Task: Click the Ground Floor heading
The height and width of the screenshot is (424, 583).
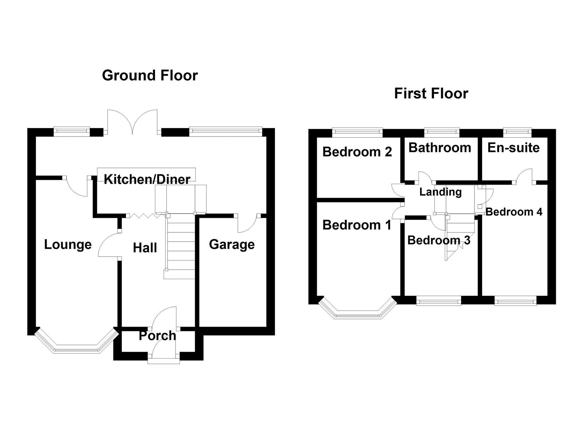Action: tap(150, 76)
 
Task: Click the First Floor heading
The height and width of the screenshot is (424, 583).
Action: tap(431, 94)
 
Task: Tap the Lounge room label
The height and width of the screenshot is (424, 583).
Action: tap(68, 244)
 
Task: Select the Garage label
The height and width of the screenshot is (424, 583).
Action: tap(232, 244)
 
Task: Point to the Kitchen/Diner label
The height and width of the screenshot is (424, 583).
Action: tap(147, 179)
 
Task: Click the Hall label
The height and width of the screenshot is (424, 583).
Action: tap(145, 248)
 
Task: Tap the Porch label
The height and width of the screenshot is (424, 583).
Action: tap(157, 336)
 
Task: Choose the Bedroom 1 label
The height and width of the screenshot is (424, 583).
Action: tap(357, 225)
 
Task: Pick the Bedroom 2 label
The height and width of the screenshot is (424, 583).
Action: tap(357, 152)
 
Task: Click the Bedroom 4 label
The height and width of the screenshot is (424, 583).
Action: tap(514, 212)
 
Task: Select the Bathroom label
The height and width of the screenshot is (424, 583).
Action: tap(440, 148)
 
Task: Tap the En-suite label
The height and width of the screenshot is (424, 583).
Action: tap(514, 148)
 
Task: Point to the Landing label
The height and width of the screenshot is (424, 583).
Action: tap(440, 192)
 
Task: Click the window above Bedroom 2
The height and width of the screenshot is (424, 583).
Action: tap(357, 132)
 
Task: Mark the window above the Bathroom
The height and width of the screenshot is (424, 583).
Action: tap(442, 132)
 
